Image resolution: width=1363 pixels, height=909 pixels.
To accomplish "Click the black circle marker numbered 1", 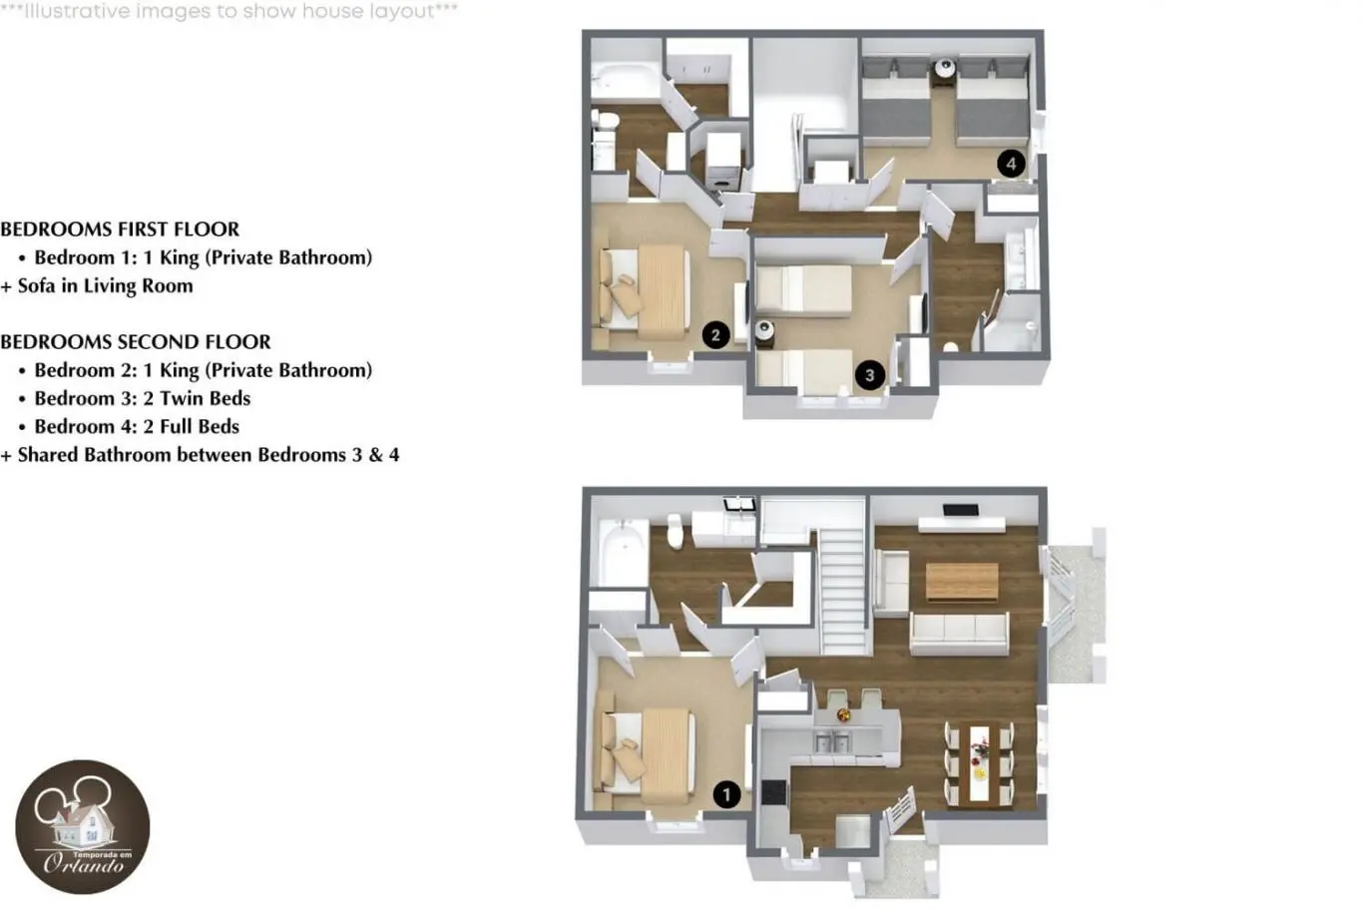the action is click(726, 794).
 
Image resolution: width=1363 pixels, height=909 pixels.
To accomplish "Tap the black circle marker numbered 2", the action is click(715, 334).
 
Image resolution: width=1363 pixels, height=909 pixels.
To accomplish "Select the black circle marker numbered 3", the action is click(869, 375).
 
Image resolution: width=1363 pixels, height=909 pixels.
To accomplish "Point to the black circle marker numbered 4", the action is click(1011, 163).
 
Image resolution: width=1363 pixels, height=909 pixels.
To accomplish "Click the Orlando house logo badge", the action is click(83, 827).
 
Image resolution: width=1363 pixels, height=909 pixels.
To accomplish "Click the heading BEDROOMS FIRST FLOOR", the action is click(120, 229).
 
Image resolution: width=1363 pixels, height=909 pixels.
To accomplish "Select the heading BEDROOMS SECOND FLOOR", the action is click(136, 342).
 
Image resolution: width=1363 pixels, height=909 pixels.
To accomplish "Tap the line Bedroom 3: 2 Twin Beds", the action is click(143, 398).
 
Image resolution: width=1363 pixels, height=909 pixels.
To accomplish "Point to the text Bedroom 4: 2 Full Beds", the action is click(137, 426).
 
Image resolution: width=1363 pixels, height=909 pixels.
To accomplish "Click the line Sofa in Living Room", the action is click(105, 286).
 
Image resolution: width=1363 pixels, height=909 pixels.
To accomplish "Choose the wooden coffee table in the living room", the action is click(962, 582).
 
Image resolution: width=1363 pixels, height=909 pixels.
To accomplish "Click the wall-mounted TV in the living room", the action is click(961, 510).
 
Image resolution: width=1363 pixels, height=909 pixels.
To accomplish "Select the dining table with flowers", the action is click(979, 763).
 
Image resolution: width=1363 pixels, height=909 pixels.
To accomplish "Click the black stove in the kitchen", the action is click(774, 791).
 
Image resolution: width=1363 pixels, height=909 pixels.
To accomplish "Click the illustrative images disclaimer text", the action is click(228, 11).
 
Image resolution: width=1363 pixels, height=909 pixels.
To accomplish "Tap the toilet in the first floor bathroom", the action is click(675, 531).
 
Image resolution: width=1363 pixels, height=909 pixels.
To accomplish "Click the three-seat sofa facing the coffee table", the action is click(960, 634).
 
